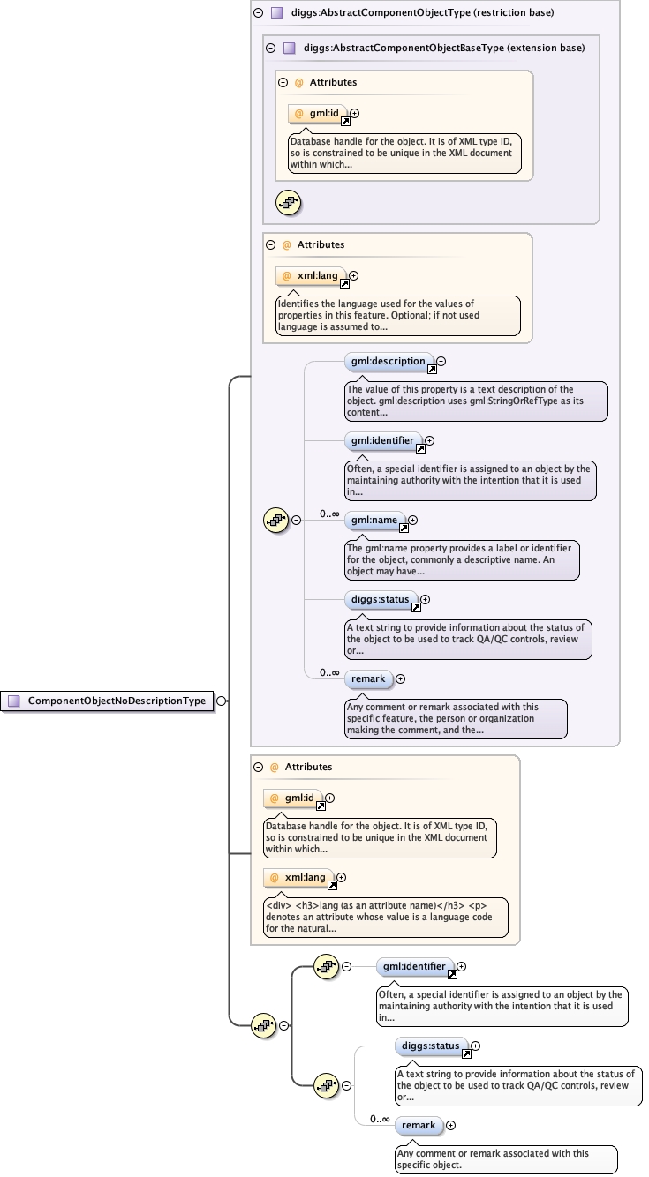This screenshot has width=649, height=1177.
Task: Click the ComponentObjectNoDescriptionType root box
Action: coord(108,701)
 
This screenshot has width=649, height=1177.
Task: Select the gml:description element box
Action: coord(389,361)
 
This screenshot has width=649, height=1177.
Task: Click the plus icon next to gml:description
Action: coord(441,361)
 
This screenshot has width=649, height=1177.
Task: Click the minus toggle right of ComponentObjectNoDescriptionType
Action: coord(221,701)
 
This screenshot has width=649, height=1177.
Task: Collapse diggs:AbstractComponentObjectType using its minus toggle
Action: coord(258,13)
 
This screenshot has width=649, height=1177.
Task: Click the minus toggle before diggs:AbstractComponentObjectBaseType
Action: coord(270,48)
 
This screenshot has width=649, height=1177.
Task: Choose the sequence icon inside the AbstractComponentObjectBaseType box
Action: coord(289,202)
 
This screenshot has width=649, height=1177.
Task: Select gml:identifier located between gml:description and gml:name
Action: coord(382,440)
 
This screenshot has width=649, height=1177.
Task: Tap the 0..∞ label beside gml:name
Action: coord(329,514)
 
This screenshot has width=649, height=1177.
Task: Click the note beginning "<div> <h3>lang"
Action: coord(386,918)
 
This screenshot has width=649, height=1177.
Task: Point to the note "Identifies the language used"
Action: coord(397,315)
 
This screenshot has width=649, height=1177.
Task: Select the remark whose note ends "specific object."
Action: coord(419,1126)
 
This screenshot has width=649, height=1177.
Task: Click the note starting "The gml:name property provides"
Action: coord(462,559)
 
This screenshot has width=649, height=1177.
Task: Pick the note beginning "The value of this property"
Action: coord(476,401)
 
